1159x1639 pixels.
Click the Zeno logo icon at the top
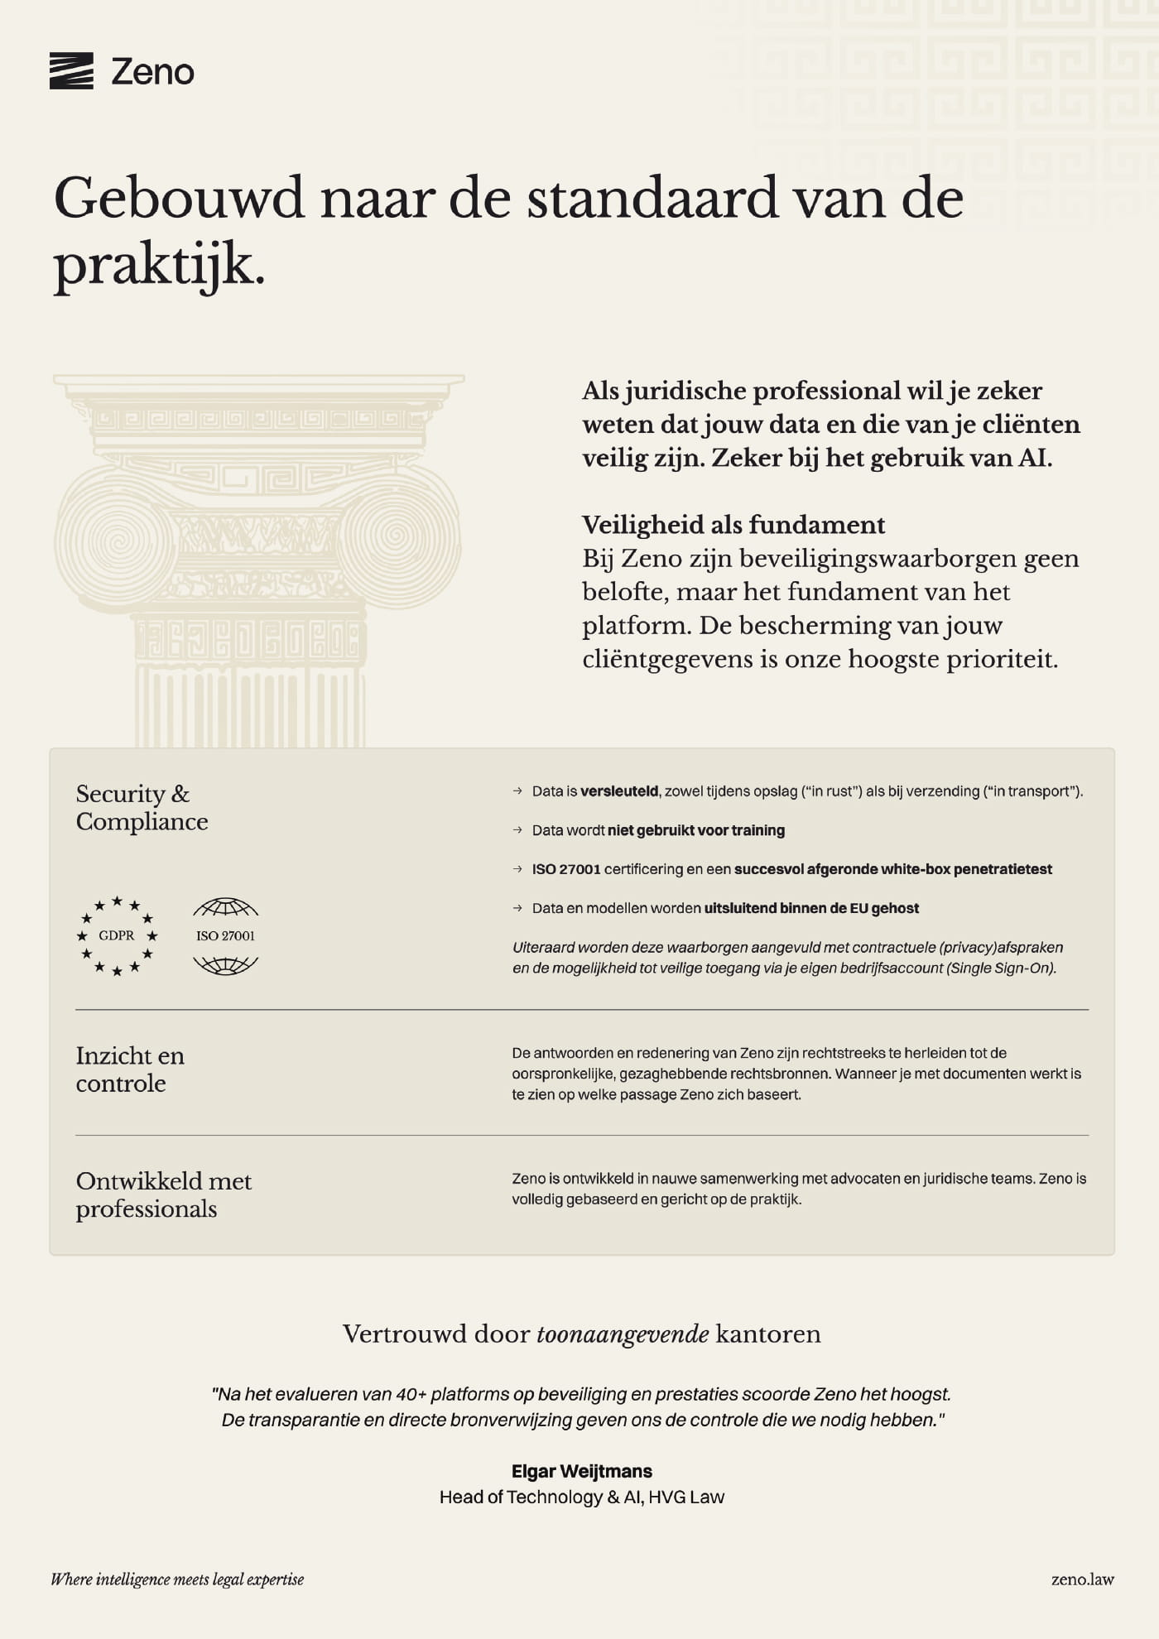pyautogui.click(x=71, y=71)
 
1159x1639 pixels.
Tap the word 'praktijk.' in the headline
pyautogui.click(x=159, y=267)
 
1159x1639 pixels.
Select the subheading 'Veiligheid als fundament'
pyautogui.click(x=733, y=525)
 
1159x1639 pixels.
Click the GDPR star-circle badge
pyautogui.click(x=117, y=936)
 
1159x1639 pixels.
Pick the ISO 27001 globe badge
pyautogui.click(x=225, y=936)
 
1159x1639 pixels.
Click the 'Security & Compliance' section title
pyautogui.click(x=142, y=807)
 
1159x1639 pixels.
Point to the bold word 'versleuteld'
pyautogui.click(x=619, y=791)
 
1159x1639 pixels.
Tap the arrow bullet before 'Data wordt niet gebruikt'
pyautogui.click(x=517, y=830)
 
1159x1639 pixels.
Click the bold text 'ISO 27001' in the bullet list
pyautogui.click(x=566, y=869)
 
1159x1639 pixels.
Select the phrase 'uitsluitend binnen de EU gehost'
pyautogui.click(x=811, y=908)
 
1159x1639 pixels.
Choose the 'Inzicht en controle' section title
pyautogui.click(x=130, y=1069)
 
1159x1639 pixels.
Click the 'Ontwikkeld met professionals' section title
pyautogui.click(x=163, y=1194)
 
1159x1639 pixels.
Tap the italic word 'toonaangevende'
pyautogui.click(x=623, y=1334)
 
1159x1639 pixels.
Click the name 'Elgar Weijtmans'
pyautogui.click(x=581, y=1471)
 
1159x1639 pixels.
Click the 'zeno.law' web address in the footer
pyautogui.click(x=1082, y=1579)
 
